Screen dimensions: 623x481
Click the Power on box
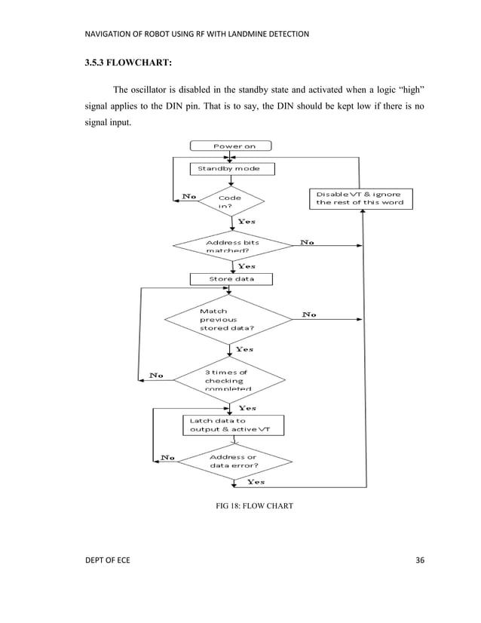(x=230, y=146)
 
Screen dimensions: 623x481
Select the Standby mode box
(x=231, y=168)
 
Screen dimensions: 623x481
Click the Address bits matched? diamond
(x=233, y=247)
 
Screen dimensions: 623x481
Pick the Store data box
(x=231, y=278)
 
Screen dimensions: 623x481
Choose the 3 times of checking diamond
(x=230, y=380)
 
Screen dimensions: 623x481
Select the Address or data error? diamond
(x=232, y=461)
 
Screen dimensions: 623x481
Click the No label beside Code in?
(x=189, y=196)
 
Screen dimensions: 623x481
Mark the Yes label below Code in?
(x=247, y=222)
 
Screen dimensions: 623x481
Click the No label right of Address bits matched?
(x=308, y=242)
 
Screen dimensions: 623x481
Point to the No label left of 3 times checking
(x=158, y=375)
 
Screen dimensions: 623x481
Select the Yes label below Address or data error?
(x=256, y=482)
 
